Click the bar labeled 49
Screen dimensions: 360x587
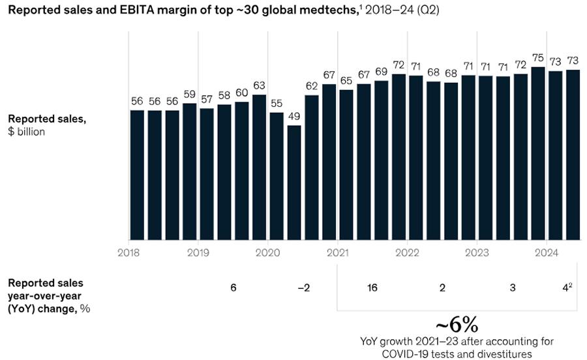point(293,183)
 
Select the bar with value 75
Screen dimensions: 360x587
point(538,153)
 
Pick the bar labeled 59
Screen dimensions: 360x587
point(189,172)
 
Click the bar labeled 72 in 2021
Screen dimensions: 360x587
point(399,157)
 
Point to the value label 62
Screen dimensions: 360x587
point(311,85)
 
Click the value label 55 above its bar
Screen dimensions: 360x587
point(277,103)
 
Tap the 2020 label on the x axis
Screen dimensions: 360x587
point(268,252)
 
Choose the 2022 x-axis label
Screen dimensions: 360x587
point(407,252)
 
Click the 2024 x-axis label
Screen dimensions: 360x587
point(547,252)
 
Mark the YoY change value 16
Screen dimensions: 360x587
point(372,288)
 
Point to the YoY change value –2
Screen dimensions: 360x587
point(303,288)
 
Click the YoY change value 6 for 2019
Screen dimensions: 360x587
point(233,288)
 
